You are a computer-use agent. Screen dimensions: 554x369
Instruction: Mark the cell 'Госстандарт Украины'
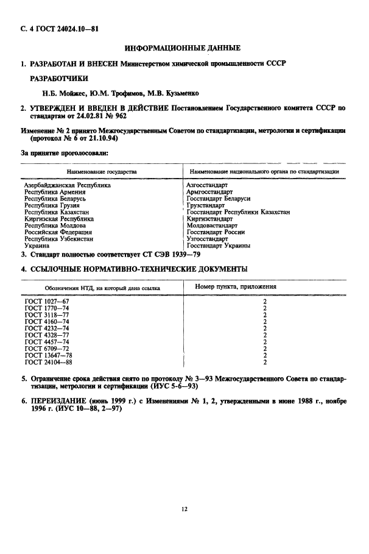point(218,246)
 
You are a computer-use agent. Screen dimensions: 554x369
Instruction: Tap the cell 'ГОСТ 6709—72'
point(47,349)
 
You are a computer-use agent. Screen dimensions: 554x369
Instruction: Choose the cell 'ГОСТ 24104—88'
point(48,363)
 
